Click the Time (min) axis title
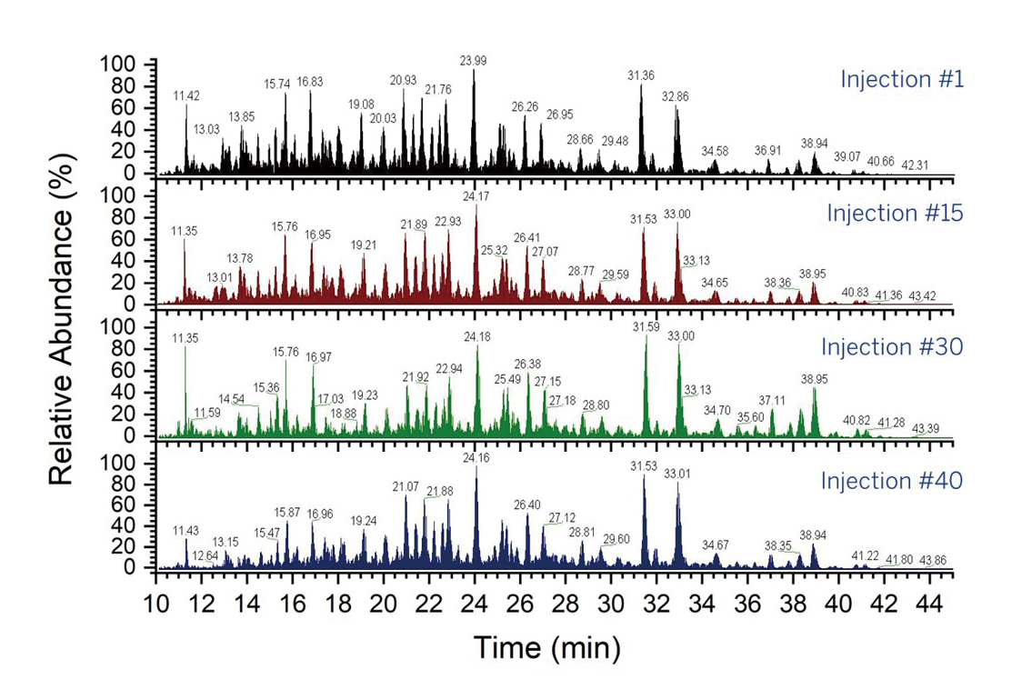pos(546,648)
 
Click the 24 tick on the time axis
pos(475,602)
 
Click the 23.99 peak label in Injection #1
pos(474,60)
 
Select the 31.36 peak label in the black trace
pos(641,75)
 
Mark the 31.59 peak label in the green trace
pos(646,326)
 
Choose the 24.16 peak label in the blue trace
pos(476,458)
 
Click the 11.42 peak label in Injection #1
pos(186,95)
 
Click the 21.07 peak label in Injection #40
pos(406,487)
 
